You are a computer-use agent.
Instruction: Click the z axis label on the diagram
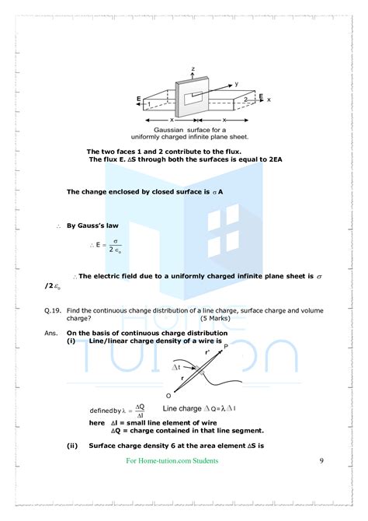pyautogui.click(x=180, y=68)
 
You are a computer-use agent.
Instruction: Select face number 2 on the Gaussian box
pyautogui.click(x=245, y=100)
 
